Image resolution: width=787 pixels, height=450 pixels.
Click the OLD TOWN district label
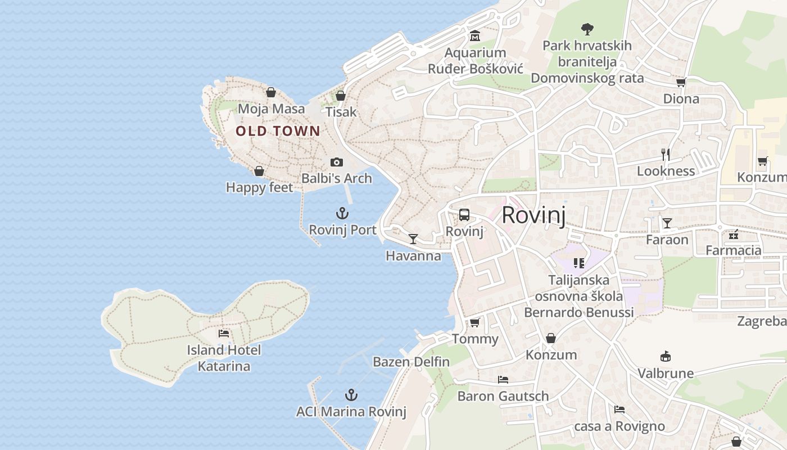click(x=278, y=131)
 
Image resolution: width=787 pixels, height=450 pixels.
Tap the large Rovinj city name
click(x=533, y=215)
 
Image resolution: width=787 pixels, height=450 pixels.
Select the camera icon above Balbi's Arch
click(x=336, y=162)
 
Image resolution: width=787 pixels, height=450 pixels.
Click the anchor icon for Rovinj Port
click(x=342, y=213)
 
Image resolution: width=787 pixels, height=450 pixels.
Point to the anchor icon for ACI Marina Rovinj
click(x=351, y=395)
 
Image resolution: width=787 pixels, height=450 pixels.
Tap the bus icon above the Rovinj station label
click(x=464, y=214)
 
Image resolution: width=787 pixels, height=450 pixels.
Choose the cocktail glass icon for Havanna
click(x=413, y=239)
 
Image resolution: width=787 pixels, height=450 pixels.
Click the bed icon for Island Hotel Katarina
click(x=224, y=333)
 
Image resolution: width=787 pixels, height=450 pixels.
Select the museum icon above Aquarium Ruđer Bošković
click(x=475, y=36)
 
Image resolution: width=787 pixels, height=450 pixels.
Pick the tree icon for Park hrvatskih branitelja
click(x=587, y=28)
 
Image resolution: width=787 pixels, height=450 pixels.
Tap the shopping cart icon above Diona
click(x=681, y=83)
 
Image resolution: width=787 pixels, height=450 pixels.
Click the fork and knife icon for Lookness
click(x=666, y=154)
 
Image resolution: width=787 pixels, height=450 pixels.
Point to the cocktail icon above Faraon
click(x=667, y=223)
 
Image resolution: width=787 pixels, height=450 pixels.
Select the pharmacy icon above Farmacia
click(x=733, y=234)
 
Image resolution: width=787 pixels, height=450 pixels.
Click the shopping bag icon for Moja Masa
click(x=271, y=92)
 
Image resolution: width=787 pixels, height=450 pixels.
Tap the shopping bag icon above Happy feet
click(x=259, y=170)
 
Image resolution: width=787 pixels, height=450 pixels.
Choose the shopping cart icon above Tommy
click(x=474, y=322)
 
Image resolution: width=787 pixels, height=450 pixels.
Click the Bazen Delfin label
click(x=411, y=362)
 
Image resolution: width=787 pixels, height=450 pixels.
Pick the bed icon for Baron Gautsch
click(x=503, y=380)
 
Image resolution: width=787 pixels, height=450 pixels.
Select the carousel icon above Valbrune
click(x=666, y=356)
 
